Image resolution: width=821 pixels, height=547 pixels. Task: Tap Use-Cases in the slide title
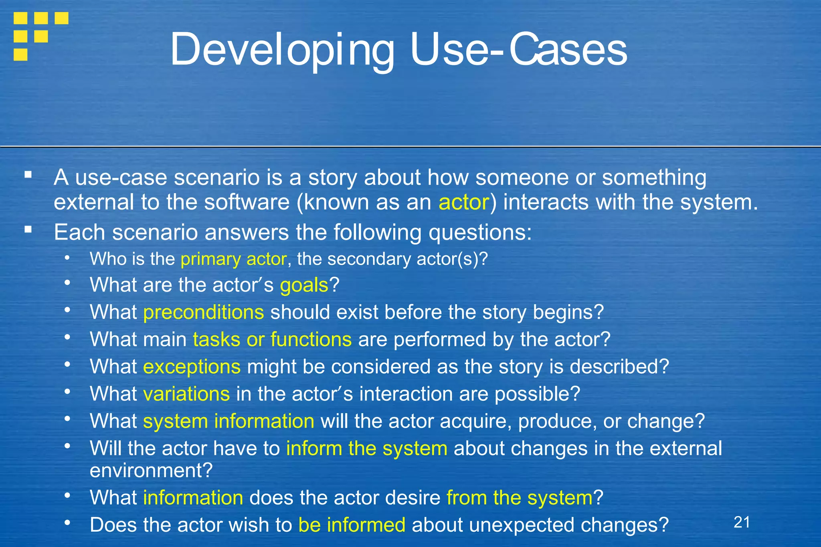click(x=519, y=50)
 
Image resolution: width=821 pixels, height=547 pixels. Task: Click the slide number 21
click(x=742, y=522)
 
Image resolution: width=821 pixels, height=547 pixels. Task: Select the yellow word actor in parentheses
click(x=463, y=202)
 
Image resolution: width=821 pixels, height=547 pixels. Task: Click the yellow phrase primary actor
click(x=233, y=259)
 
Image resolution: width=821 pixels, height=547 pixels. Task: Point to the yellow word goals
click(x=304, y=285)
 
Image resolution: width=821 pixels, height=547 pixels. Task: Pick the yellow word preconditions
click(x=203, y=312)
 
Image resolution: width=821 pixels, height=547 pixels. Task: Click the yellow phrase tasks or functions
click(x=272, y=339)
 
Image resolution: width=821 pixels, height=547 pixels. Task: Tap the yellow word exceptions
click(x=192, y=367)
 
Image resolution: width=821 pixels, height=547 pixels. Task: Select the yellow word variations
click(x=186, y=394)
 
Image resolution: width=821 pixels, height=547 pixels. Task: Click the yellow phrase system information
click(x=229, y=421)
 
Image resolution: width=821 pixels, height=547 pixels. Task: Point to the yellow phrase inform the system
click(x=366, y=448)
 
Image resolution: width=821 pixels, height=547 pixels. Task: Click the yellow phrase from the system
click(x=519, y=498)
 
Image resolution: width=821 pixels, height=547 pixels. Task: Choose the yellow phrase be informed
click(x=352, y=525)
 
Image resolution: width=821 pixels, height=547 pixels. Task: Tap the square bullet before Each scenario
click(x=28, y=230)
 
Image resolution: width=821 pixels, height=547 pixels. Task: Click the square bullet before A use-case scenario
click(x=28, y=175)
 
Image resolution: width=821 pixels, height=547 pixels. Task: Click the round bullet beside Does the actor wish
click(x=67, y=523)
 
